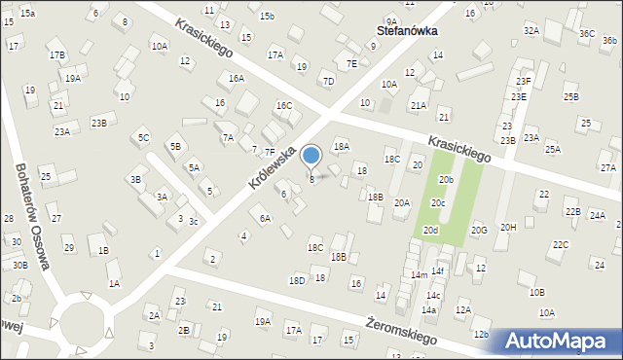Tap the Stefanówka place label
tap(407, 30)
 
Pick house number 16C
tap(283, 105)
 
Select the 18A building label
tap(341, 146)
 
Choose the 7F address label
tap(270, 151)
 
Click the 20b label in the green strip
tap(446, 180)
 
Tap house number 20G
tap(479, 231)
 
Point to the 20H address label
tap(508, 227)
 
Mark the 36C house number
tap(587, 33)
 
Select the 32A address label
tap(531, 31)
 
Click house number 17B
tap(57, 54)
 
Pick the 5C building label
tap(143, 137)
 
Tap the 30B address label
tap(19, 265)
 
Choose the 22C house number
tap(560, 245)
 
